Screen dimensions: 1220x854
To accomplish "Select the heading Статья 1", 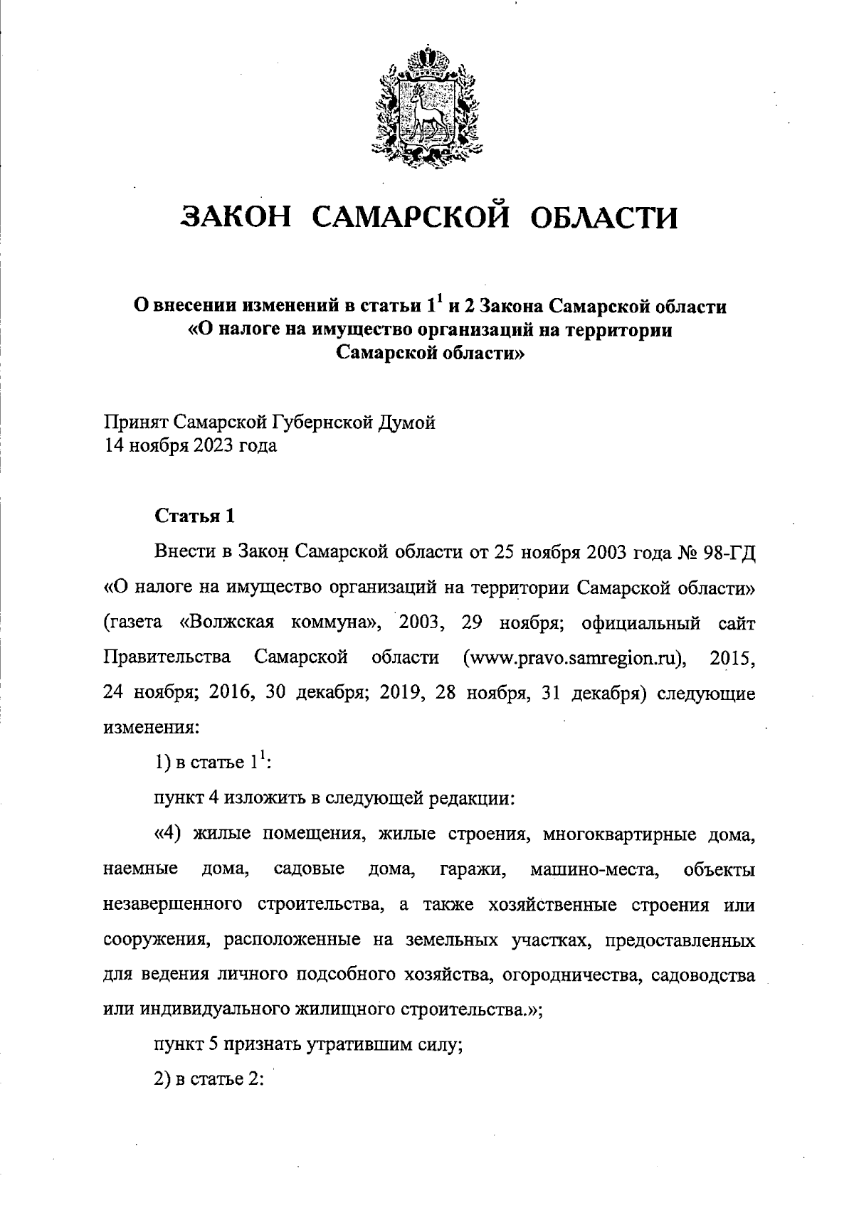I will [x=194, y=516].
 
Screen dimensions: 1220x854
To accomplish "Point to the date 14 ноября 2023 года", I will [x=191, y=446].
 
